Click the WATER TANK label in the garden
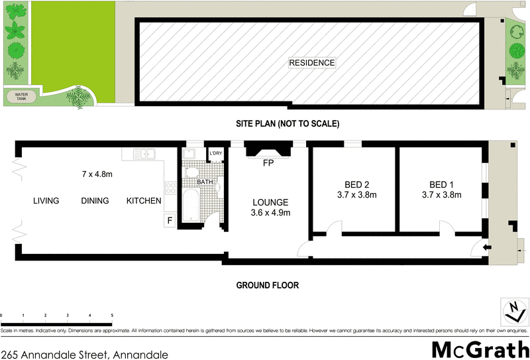pyautogui.click(x=20, y=96)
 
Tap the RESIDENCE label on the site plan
pyautogui.click(x=312, y=63)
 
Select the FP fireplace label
pyautogui.click(x=268, y=162)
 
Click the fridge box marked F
pyautogui.click(x=170, y=220)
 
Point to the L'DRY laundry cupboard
pyautogui.click(x=215, y=154)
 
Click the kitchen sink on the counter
pyautogui.click(x=142, y=154)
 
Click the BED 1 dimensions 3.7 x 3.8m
pyautogui.click(x=441, y=195)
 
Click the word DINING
pyautogui.click(x=95, y=201)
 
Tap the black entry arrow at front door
pyautogui.click(x=488, y=247)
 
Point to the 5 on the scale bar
pyautogui.click(x=112, y=316)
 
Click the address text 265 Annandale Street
pyautogui.click(x=85, y=355)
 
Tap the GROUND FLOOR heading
pyautogui.click(x=268, y=286)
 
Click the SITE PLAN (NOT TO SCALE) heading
pyautogui.click(x=288, y=123)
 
